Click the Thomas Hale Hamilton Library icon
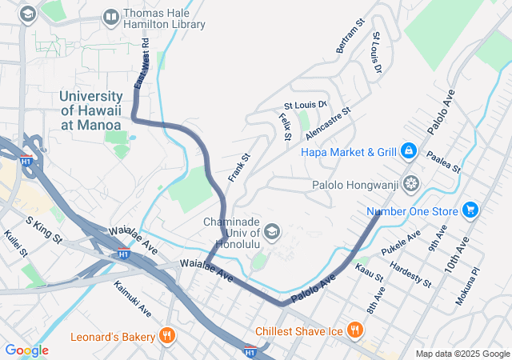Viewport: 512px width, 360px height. [111, 17]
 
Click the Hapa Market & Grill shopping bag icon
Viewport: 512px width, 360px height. [409, 150]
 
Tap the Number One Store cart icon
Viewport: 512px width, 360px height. [471, 210]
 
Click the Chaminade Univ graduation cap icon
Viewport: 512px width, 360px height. [272, 232]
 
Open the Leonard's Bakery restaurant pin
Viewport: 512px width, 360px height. [167, 336]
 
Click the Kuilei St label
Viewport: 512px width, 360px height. [16, 243]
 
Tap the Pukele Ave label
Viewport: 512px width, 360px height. [401, 242]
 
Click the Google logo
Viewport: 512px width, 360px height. [26, 350]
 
